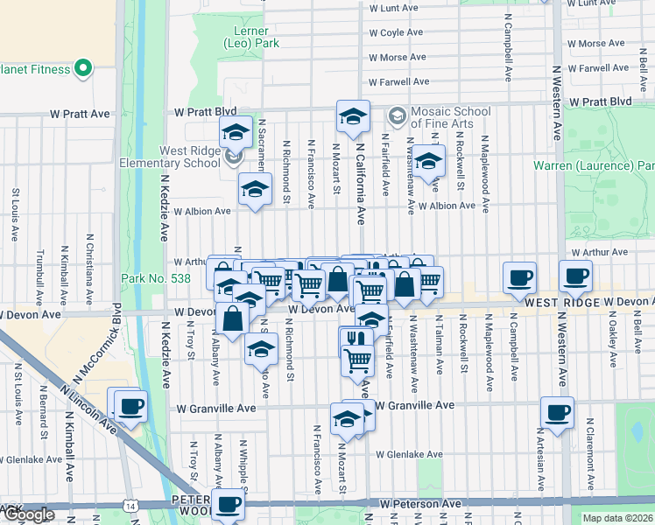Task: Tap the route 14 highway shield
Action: pos(130,506)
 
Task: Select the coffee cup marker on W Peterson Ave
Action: pos(229,503)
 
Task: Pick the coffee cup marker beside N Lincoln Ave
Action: pos(130,406)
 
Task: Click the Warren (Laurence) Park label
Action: pos(595,165)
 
